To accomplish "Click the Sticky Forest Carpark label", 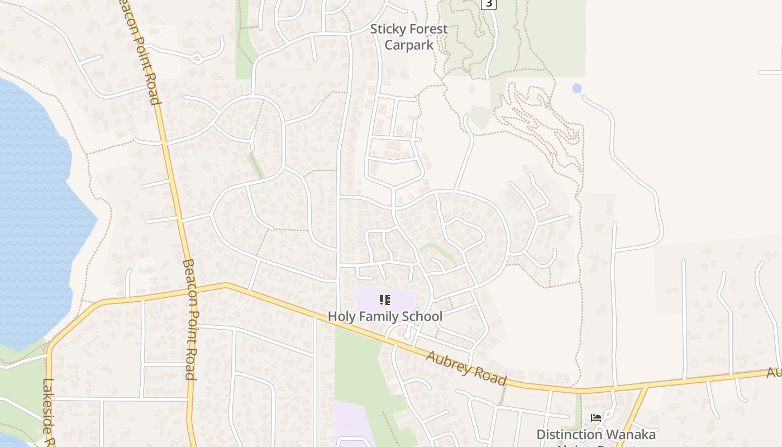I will (x=409, y=37).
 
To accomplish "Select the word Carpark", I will (x=409, y=45).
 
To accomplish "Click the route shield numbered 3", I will (x=489, y=3).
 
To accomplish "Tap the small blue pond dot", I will (x=577, y=88).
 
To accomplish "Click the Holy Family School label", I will (x=385, y=316).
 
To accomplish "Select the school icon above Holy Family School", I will (x=384, y=301).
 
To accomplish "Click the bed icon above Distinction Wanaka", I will (x=596, y=418).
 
